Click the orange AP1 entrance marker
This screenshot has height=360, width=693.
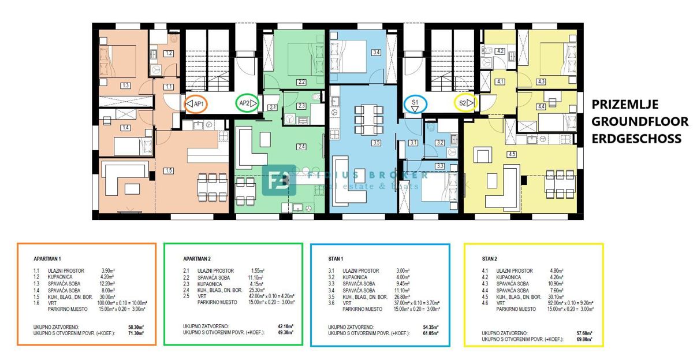tap(197, 104)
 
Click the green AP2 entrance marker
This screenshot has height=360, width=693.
tap(247, 104)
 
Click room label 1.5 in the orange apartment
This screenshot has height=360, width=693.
tap(168, 170)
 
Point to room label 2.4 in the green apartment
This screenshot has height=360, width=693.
tap(301, 147)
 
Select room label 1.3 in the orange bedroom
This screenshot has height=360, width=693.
tap(125, 86)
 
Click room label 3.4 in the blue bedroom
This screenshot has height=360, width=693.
tap(377, 53)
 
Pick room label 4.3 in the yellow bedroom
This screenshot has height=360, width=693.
tap(541, 82)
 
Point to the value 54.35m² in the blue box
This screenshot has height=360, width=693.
tap(427, 326)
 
